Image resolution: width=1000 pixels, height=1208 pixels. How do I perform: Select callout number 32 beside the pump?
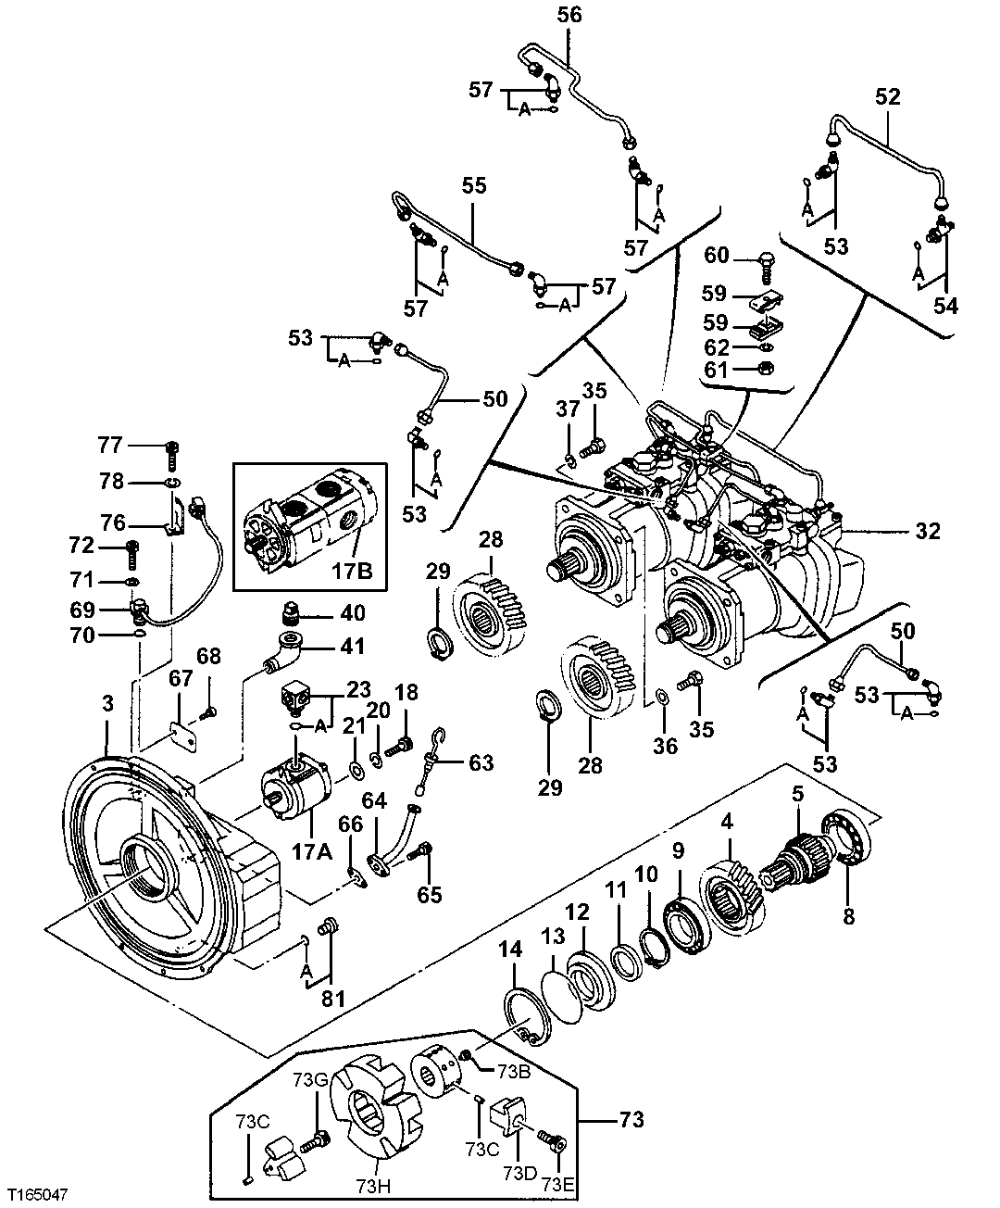pos(927,532)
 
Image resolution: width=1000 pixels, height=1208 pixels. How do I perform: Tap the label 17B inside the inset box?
pos(355,573)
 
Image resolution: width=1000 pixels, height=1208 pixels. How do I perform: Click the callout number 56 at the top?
pos(569,15)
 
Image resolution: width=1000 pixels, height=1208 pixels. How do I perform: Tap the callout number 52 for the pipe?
pos(887,95)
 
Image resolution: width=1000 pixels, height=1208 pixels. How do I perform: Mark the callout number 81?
pos(332,999)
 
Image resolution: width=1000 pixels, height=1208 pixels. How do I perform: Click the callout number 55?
pos(473,186)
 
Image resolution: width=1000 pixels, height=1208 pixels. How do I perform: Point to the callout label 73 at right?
pos(630,1119)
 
